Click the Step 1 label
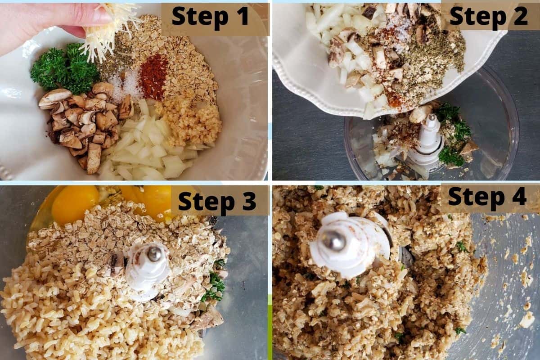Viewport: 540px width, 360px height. (x=210, y=18)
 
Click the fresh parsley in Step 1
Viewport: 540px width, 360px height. (x=65, y=70)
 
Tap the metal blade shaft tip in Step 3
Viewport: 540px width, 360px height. (x=154, y=253)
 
